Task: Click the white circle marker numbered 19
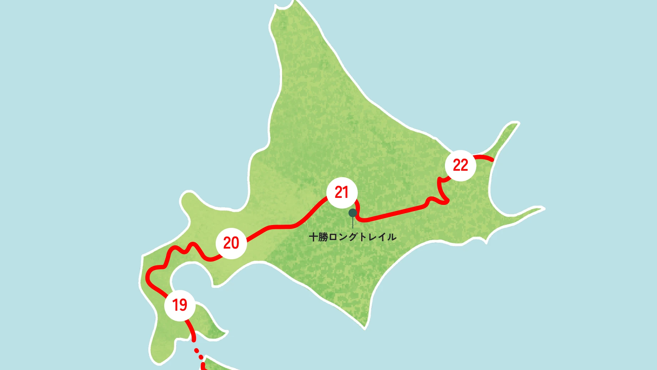(x=180, y=305)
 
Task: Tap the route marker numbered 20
(x=231, y=243)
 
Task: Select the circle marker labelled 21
(x=342, y=192)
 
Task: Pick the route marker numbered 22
(x=460, y=165)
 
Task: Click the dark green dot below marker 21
(x=353, y=213)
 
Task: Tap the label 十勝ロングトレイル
(x=352, y=237)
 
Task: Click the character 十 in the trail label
(x=313, y=237)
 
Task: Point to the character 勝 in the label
(x=323, y=237)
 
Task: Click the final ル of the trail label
(x=392, y=237)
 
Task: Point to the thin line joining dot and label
(x=353, y=223)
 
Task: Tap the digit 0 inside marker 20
(x=235, y=243)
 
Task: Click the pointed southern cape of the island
(x=365, y=326)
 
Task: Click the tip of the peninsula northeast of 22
(x=517, y=124)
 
